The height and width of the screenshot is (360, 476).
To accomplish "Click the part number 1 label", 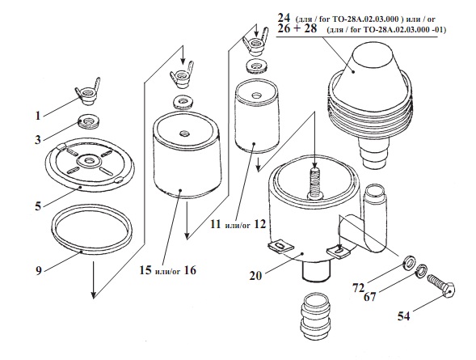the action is tap(38, 116).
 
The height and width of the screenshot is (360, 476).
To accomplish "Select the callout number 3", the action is tap(37, 140).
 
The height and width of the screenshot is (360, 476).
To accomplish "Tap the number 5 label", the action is tap(38, 206).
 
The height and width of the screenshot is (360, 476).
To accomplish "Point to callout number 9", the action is tap(38, 270).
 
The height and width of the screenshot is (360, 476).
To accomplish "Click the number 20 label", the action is tap(255, 276).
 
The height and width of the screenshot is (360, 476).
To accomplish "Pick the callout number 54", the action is tap(404, 316).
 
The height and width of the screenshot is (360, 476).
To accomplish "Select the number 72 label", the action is tap(358, 287).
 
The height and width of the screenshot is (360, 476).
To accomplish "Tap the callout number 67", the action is tap(370, 297).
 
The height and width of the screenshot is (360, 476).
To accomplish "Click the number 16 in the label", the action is tap(190, 270).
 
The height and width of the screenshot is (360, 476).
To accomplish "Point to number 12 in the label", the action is tap(259, 225).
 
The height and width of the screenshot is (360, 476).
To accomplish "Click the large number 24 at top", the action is tap(284, 17).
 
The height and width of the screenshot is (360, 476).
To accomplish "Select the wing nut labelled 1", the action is tap(87, 92).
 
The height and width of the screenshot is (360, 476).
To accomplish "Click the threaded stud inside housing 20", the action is tap(315, 183).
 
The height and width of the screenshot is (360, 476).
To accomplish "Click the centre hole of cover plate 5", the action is tap(89, 160).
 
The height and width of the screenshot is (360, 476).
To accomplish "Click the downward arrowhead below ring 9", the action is tap(94, 294).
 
